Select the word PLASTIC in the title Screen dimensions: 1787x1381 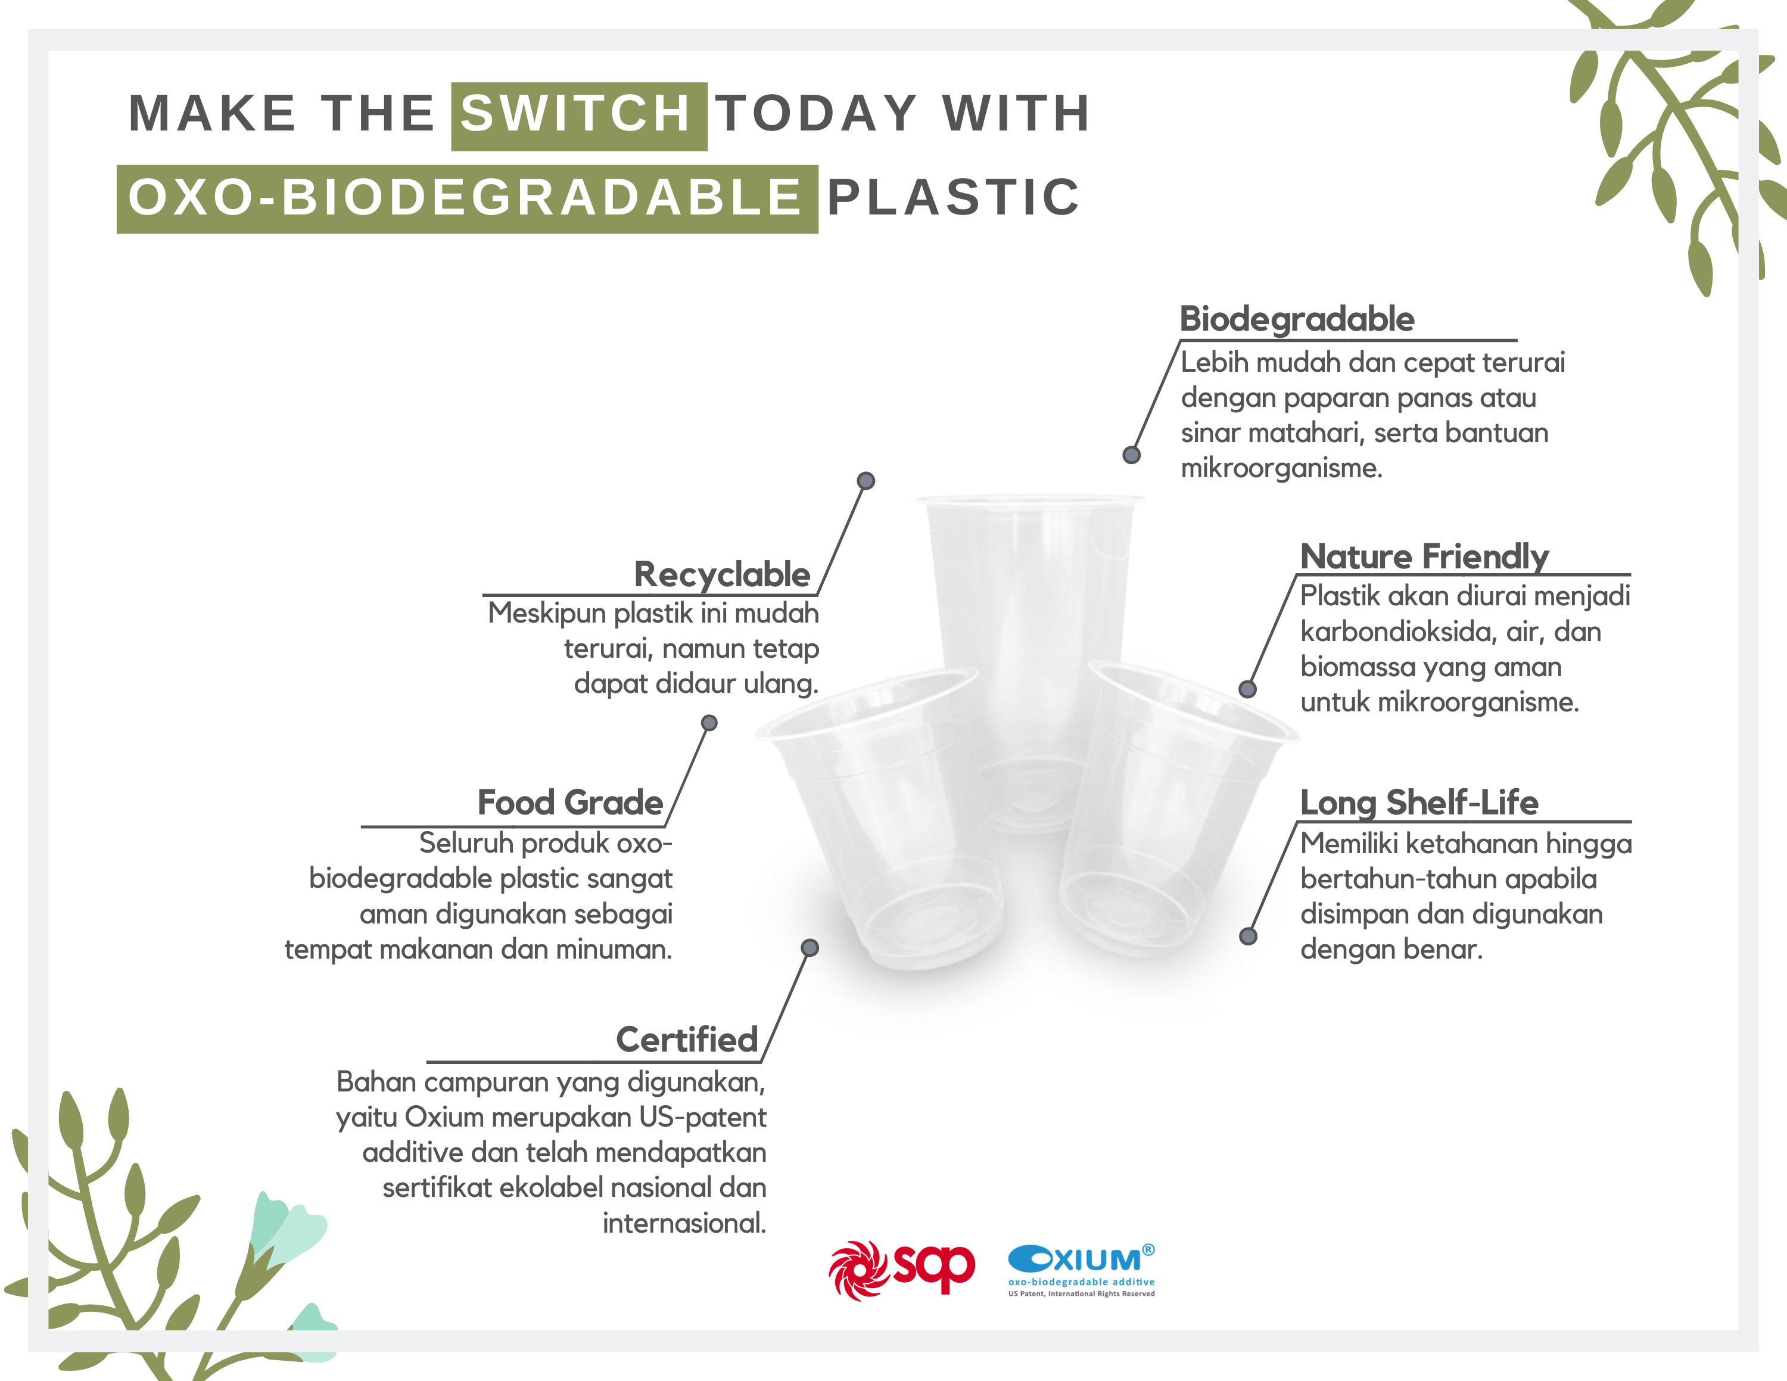[954, 197]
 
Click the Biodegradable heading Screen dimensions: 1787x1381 [1297, 318]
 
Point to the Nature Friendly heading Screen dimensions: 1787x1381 [1424, 556]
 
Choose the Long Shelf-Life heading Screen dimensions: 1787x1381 [1419, 803]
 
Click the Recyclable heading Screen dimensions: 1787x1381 [723, 574]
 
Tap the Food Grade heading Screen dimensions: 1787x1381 [570, 803]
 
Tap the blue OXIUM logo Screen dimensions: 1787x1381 [1082, 1270]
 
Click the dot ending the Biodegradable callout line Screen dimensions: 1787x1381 [1132, 455]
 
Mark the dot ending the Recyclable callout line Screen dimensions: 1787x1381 [866, 480]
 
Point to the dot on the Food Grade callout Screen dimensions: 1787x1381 [709, 723]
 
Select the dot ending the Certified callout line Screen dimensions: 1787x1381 [810, 947]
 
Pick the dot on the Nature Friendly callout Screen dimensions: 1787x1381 [1247, 689]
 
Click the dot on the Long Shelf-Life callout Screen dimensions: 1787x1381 [1248, 936]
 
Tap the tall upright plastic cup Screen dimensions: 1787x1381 [1029, 662]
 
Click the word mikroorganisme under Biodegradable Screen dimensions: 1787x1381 [1281, 469]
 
